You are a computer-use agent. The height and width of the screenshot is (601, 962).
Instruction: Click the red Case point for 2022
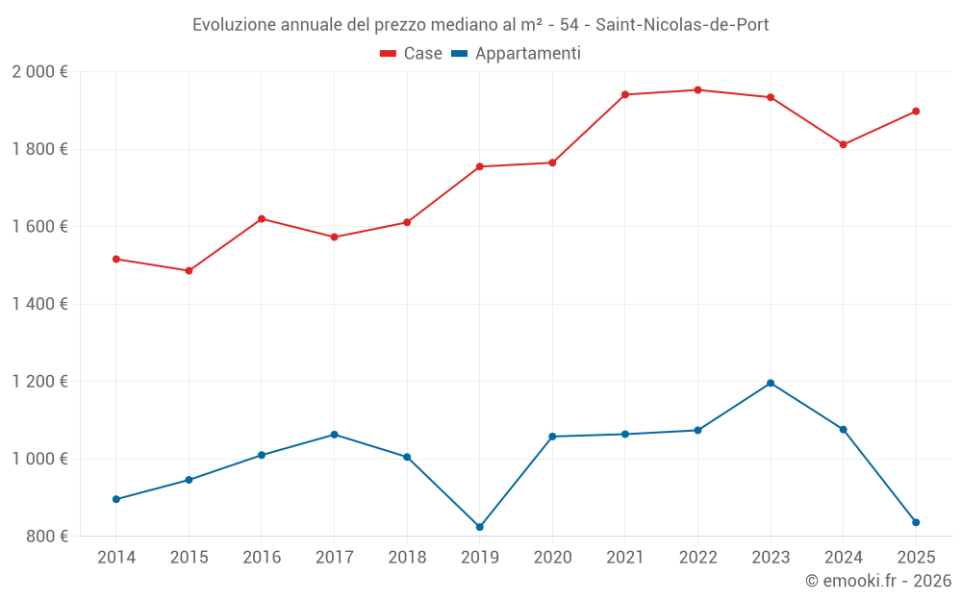[x=697, y=90]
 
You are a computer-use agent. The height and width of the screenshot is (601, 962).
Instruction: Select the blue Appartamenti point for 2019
[x=480, y=527]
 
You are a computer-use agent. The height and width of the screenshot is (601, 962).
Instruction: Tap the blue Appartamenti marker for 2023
[x=771, y=384]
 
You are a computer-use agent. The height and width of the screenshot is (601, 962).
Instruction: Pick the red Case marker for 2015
[x=189, y=271]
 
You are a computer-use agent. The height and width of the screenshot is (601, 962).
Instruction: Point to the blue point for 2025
[x=916, y=522]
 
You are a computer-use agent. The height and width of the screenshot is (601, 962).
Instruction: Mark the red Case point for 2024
[x=843, y=144]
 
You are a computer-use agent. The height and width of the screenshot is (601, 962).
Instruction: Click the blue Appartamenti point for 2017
[x=334, y=435]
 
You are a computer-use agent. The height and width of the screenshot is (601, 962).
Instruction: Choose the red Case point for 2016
[x=262, y=219]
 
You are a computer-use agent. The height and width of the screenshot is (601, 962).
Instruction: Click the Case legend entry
[x=412, y=54]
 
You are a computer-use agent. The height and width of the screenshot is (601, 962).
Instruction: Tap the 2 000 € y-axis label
[x=39, y=72]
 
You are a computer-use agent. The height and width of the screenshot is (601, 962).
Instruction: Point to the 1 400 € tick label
[x=39, y=304]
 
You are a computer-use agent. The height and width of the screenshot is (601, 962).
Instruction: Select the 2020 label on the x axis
[x=552, y=558]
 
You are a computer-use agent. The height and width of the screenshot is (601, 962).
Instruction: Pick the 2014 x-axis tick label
[x=116, y=558]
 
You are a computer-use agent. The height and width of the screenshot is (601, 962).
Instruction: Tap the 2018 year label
[x=407, y=558]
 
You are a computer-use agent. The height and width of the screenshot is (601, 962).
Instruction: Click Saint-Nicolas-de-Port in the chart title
[x=682, y=24]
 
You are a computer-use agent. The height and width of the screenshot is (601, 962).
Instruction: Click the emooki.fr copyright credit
[x=877, y=581]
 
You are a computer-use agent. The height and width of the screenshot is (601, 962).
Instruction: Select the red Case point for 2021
[x=625, y=94]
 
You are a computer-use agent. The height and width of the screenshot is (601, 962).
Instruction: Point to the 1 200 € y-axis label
[x=39, y=382]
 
